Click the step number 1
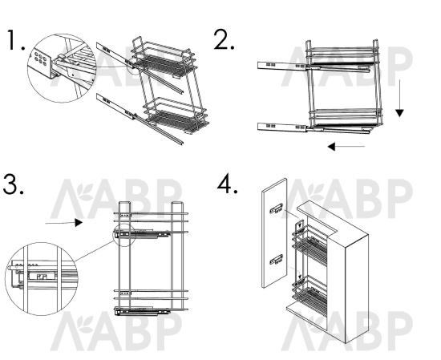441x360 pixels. click(x=15, y=40)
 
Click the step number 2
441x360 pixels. click(x=224, y=39)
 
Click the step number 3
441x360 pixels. click(x=13, y=184)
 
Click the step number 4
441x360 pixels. click(x=227, y=184)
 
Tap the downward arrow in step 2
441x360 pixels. click(x=399, y=98)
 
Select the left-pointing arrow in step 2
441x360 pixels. click(x=346, y=146)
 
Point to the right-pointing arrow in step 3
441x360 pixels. click(x=64, y=223)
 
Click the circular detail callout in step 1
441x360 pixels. click(x=62, y=68)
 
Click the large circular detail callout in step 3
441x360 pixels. click(x=42, y=279)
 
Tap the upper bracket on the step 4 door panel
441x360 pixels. click(x=276, y=208)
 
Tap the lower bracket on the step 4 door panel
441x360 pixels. click(x=276, y=259)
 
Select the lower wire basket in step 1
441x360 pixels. click(x=176, y=116)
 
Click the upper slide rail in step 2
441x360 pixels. click(x=314, y=67)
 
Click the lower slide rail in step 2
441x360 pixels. click(x=314, y=128)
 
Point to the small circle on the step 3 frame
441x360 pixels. click(x=124, y=235)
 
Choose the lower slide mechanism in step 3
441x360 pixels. click(x=142, y=311)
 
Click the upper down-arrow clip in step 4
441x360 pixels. click(x=300, y=226)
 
